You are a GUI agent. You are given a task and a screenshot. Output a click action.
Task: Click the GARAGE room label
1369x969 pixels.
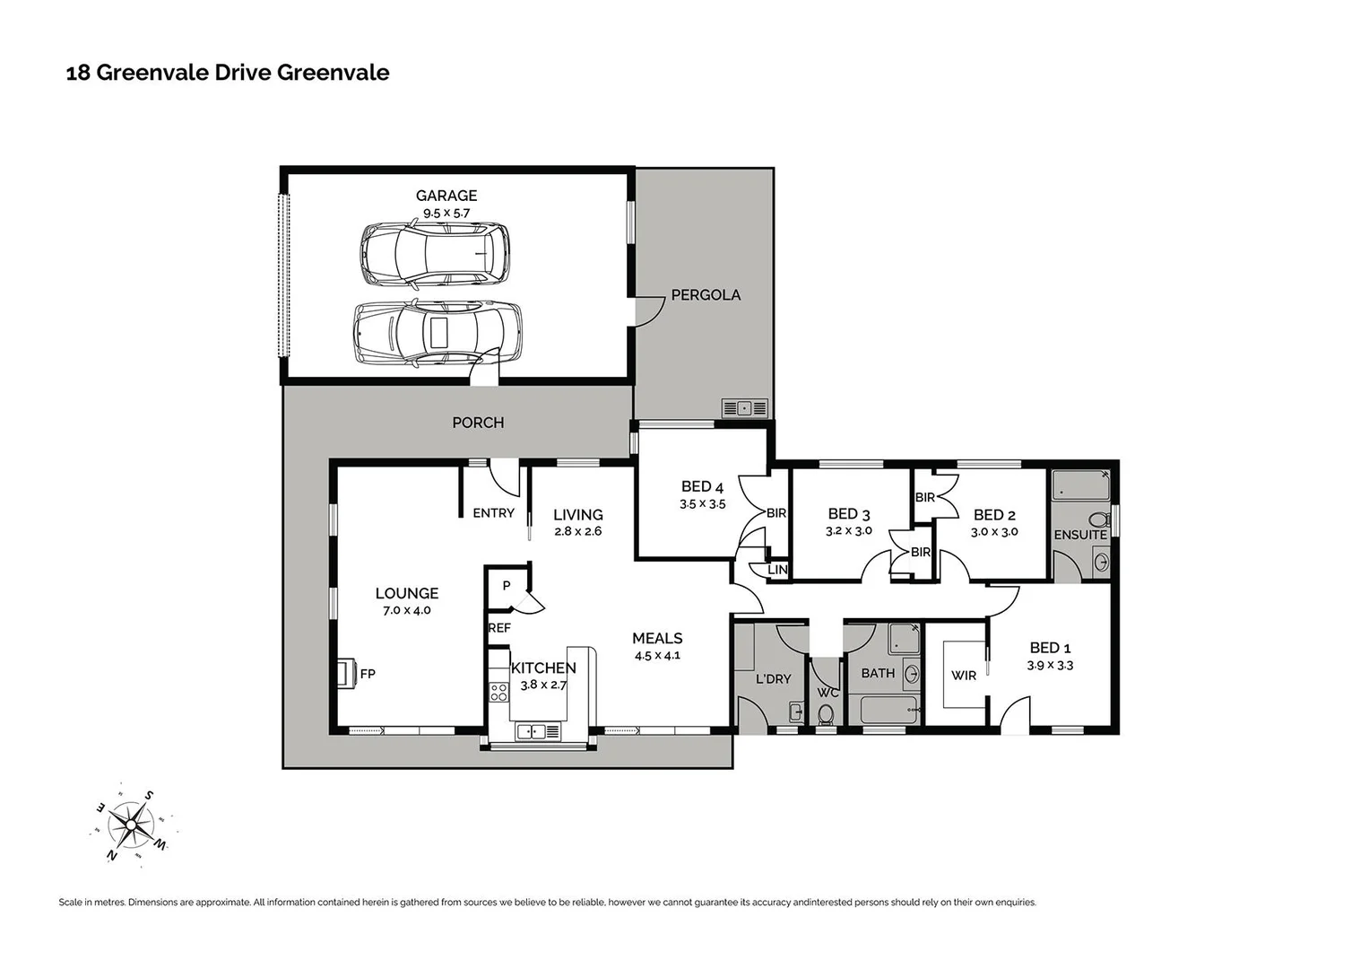tap(446, 195)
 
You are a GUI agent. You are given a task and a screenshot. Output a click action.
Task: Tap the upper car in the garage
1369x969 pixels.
tap(435, 255)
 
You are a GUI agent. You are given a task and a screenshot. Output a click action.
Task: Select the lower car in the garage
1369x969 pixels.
tap(438, 332)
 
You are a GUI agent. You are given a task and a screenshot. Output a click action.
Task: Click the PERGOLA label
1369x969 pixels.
tap(706, 294)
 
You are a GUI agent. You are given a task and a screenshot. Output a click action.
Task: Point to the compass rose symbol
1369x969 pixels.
tap(133, 824)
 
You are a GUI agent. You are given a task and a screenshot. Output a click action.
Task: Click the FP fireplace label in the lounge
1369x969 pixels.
tap(367, 673)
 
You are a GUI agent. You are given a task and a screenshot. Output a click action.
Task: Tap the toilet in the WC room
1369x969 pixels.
tap(826, 713)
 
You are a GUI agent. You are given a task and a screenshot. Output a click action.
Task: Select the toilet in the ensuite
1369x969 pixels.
tap(1096, 519)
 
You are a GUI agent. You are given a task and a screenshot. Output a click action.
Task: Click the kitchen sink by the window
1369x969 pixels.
tap(530, 732)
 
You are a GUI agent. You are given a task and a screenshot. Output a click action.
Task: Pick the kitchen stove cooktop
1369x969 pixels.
tap(498, 692)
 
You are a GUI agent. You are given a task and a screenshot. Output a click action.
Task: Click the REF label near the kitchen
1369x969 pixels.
tap(499, 628)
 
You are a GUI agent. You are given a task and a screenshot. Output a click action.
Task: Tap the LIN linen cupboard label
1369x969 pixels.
tap(777, 570)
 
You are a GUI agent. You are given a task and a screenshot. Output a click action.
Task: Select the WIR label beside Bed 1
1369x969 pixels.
tap(963, 675)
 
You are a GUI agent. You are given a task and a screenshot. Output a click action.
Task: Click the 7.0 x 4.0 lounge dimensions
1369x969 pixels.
tap(407, 610)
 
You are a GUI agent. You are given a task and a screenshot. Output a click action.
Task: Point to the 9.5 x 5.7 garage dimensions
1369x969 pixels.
tap(446, 214)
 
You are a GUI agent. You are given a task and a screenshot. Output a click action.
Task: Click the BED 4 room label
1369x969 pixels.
tap(702, 486)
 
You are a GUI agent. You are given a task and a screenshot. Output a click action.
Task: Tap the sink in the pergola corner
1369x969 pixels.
tap(744, 408)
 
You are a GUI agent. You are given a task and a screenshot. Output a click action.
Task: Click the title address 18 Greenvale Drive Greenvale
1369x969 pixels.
tap(228, 73)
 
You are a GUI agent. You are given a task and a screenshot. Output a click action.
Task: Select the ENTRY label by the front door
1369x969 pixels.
tap(493, 513)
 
